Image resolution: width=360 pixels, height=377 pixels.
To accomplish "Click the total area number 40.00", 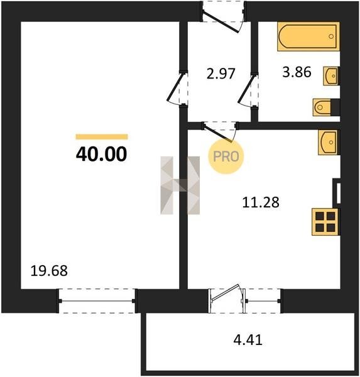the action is pyautogui.click(x=101, y=154).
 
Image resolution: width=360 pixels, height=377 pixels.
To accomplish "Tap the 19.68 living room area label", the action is pyautogui.click(x=49, y=271).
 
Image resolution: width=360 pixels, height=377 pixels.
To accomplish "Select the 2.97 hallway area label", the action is pyautogui.click(x=221, y=74).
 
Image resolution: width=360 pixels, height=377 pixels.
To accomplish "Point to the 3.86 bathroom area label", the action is pyautogui.click(x=297, y=72).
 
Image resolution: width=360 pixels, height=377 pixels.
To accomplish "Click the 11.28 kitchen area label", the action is pyautogui.click(x=261, y=202).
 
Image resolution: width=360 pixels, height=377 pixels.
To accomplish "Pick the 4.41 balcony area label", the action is pyautogui.click(x=248, y=340).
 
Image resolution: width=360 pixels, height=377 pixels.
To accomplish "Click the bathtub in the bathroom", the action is pyautogui.click(x=308, y=36).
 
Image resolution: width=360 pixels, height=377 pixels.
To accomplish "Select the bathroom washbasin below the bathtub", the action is pyautogui.click(x=331, y=76).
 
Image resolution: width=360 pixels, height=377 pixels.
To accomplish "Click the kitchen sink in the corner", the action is pyautogui.click(x=329, y=143).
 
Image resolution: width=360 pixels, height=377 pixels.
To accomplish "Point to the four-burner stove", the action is pyautogui.click(x=325, y=222).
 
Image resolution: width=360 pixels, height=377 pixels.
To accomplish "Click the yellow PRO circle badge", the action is pyautogui.click(x=226, y=156).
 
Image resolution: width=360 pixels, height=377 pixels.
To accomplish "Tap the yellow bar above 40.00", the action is pyautogui.click(x=102, y=137).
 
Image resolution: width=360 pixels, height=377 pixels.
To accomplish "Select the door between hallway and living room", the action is pyautogui.click(x=177, y=88).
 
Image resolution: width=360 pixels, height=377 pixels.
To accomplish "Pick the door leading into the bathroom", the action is pyautogui.click(x=248, y=90).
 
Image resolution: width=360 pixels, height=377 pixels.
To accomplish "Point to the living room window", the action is pyautogui.click(x=97, y=301).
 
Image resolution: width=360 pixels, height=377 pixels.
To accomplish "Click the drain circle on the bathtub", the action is pyautogui.click(x=331, y=36).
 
